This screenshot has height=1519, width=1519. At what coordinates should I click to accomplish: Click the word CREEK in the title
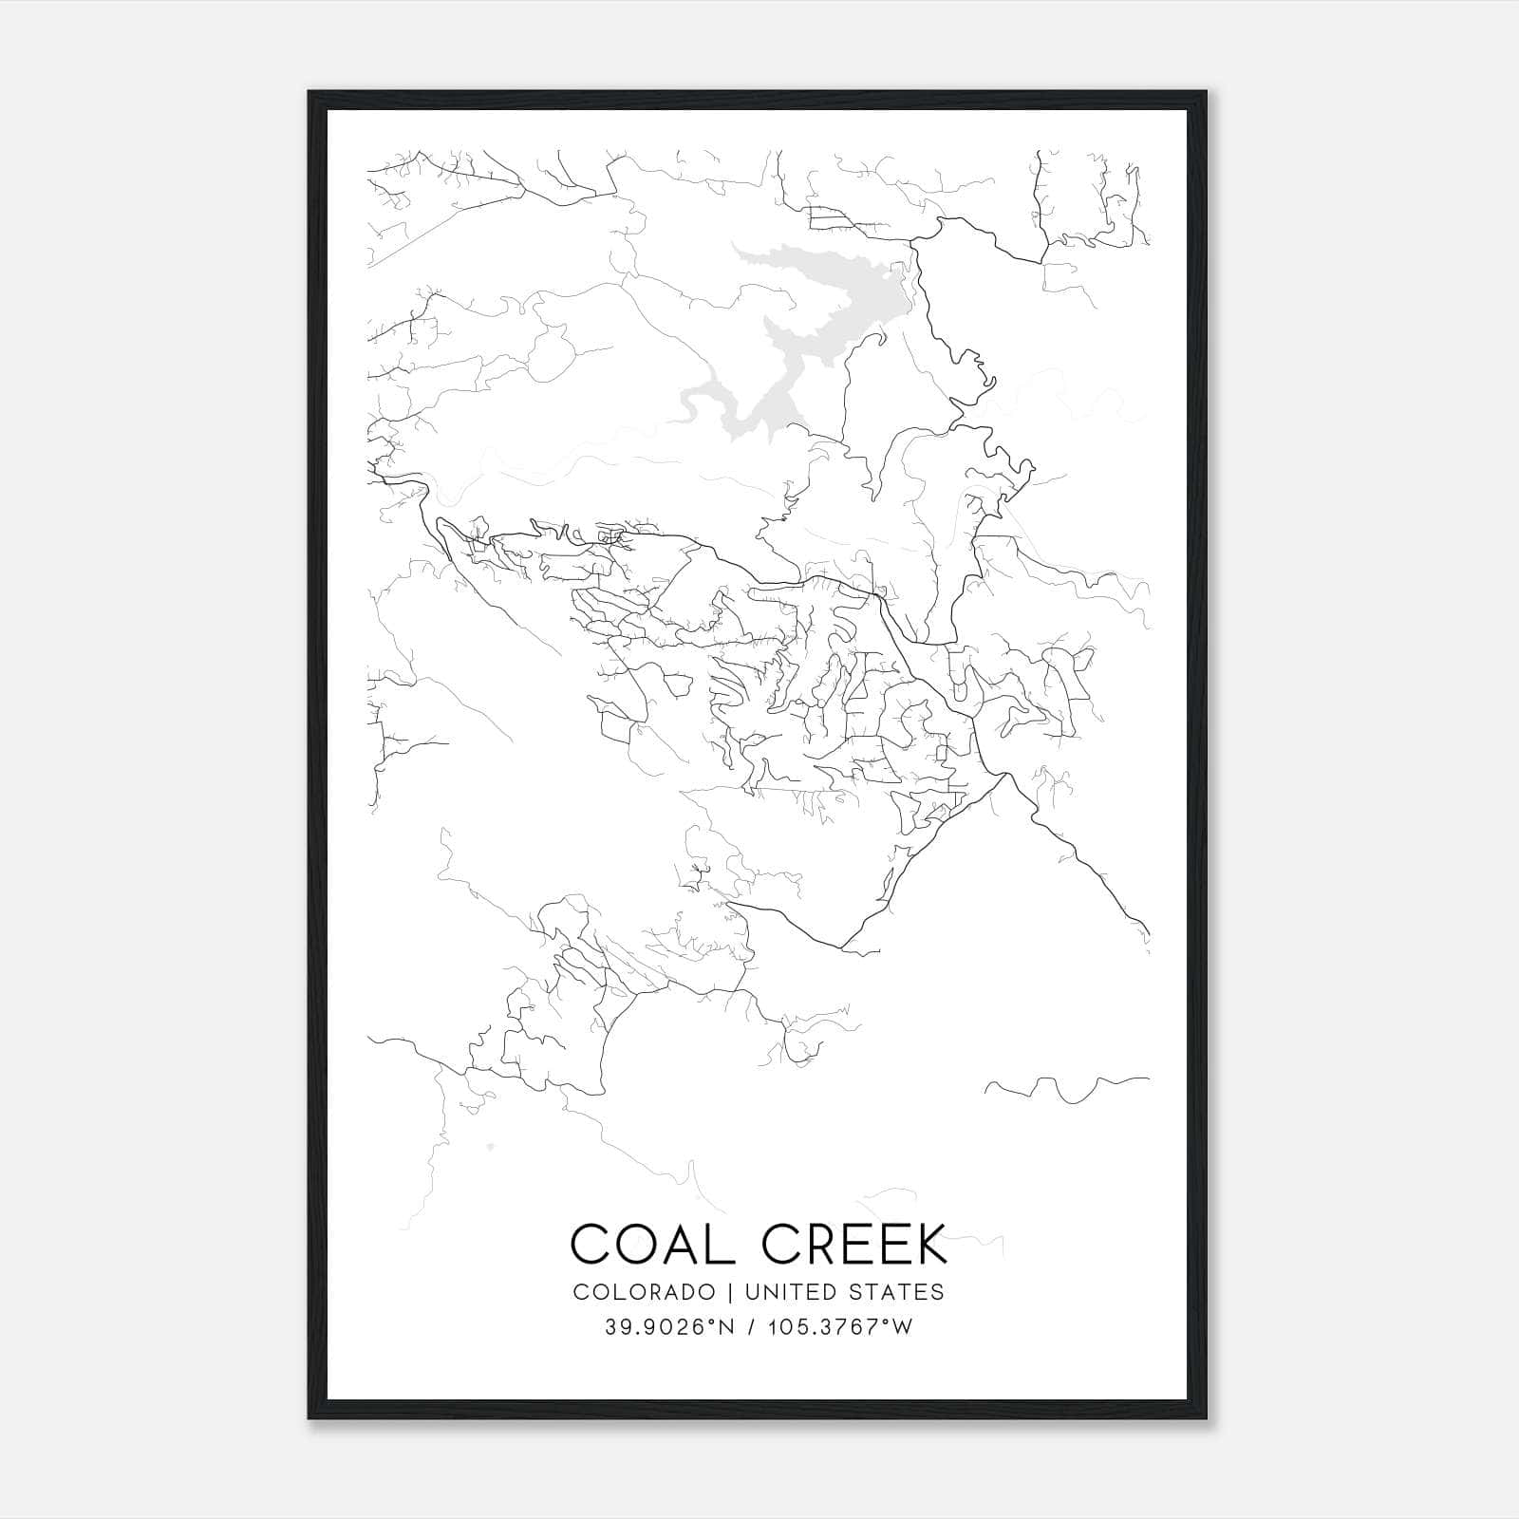pyautogui.click(x=854, y=1244)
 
